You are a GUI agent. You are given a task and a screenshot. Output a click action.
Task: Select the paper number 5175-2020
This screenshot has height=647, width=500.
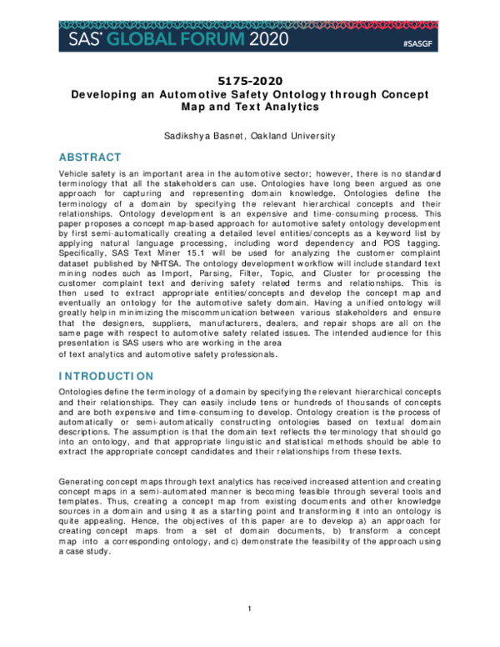250,81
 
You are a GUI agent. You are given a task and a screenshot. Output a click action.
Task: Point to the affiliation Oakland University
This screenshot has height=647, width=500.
295,135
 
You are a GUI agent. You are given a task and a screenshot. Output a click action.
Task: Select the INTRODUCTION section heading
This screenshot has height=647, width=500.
106,376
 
